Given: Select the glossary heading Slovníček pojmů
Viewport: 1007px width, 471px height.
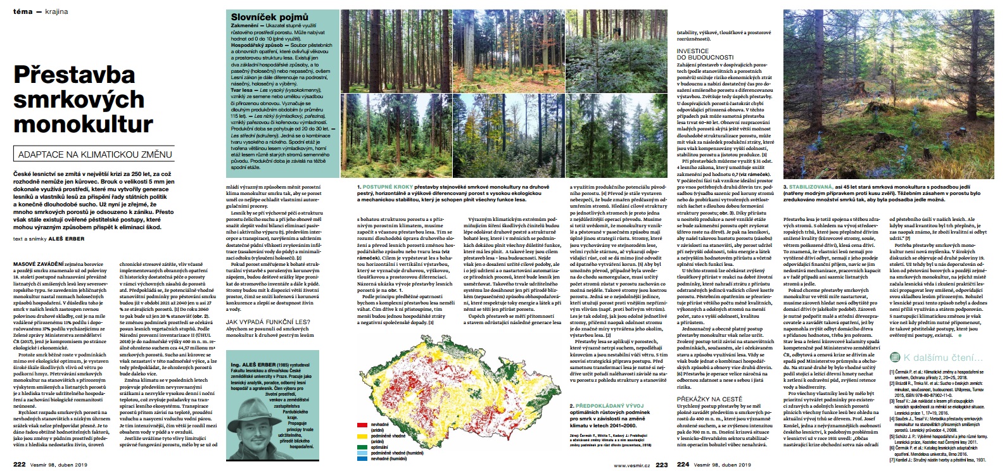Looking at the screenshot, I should [x=269, y=17].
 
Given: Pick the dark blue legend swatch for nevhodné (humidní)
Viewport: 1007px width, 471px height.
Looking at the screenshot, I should [x=363, y=458].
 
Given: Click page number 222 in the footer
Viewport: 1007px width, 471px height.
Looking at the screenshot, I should [x=20, y=464].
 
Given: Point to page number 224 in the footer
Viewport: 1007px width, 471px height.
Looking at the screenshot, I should [x=682, y=464].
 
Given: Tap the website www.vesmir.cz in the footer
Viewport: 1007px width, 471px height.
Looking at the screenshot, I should [x=631, y=465].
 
